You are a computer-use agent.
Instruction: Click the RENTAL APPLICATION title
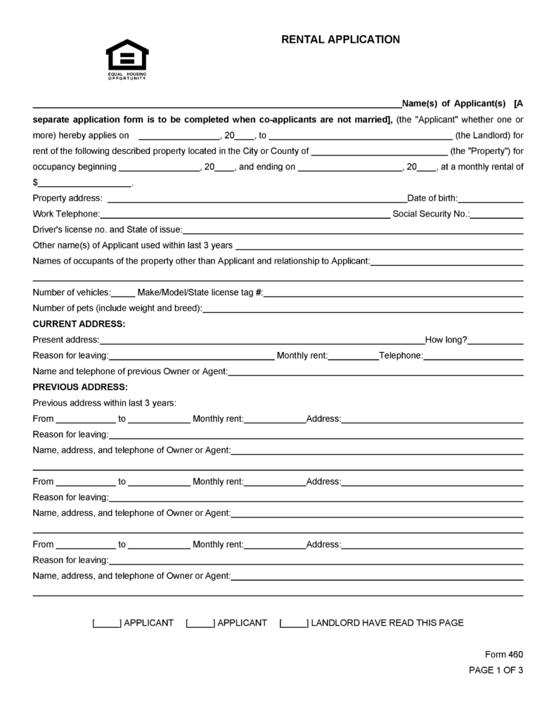(x=340, y=40)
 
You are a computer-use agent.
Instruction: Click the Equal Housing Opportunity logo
(x=127, y=59)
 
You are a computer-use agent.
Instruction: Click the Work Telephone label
(x=66, y=214)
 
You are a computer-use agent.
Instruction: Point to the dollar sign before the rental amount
(x=36, y=184)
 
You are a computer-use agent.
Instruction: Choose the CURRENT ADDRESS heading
(x=79, y=324)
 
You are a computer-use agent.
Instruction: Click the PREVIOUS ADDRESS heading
(x=80, y=387)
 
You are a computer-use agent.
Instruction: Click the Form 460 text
(x=504, y=654)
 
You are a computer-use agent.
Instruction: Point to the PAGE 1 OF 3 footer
(x=496, y=670)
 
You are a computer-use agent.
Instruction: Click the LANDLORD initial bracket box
(x=294, y=623)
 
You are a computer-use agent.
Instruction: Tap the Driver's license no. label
(x=107, y=230)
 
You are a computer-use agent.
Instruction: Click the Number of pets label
(x=117, y=308)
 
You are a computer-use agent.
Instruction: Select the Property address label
(x=67, y=198)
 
